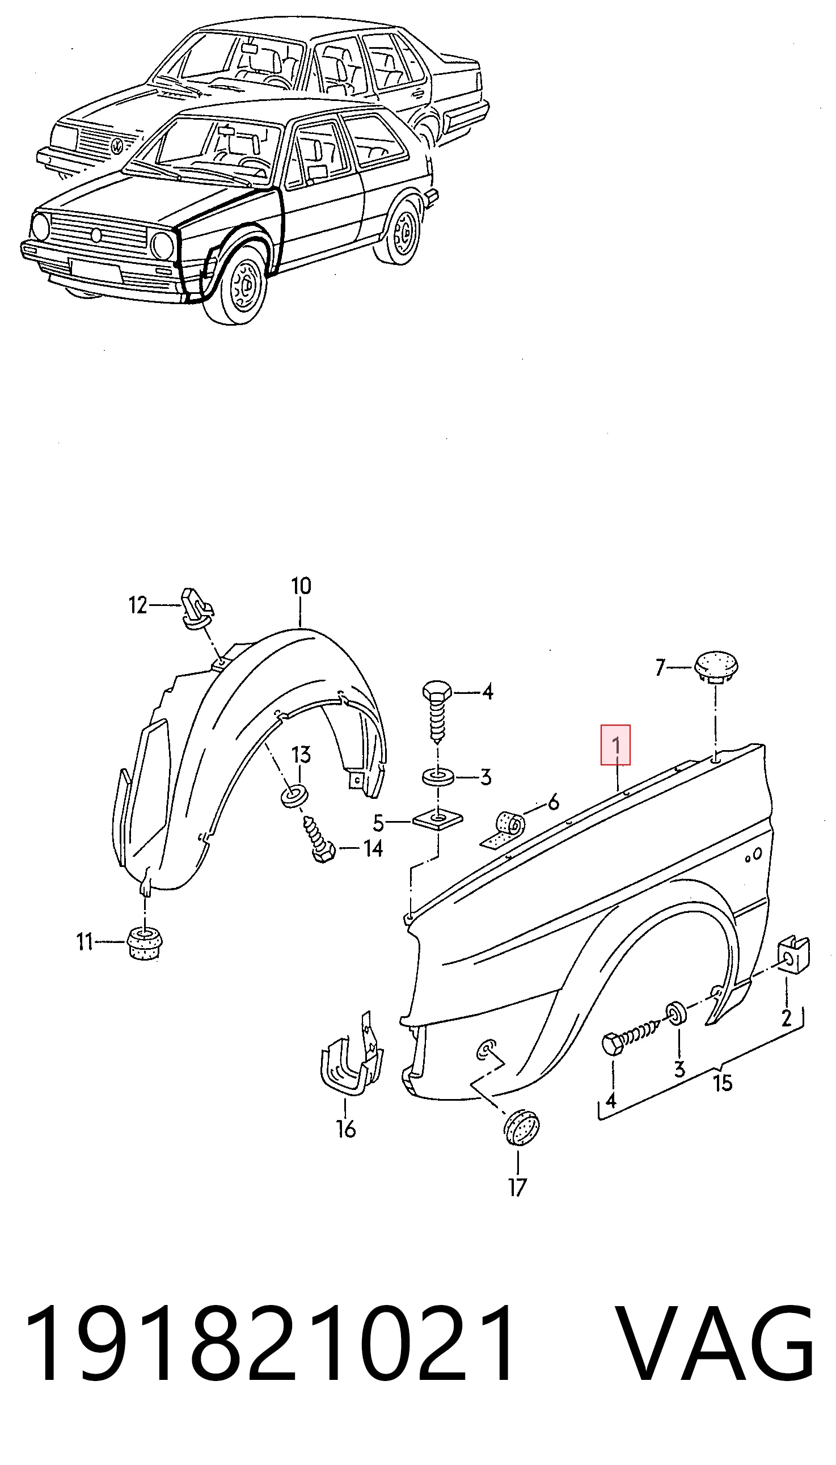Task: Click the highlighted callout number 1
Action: [x=615, y=746]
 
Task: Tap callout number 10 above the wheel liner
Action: [x=301, y=586]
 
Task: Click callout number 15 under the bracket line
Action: [x=723, y=1083]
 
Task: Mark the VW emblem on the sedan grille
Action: [x=118, y=145]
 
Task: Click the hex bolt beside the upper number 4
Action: [x=437, y=712]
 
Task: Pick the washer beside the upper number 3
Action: [x=438, y=777]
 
